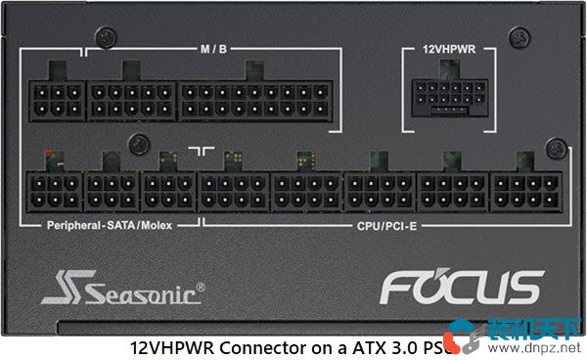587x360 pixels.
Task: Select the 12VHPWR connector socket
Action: [449, 95]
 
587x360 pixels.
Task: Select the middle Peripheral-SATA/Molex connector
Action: [113, 190]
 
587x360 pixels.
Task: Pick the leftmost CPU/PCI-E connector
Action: [233, 190]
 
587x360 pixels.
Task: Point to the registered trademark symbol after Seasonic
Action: [201, 287]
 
